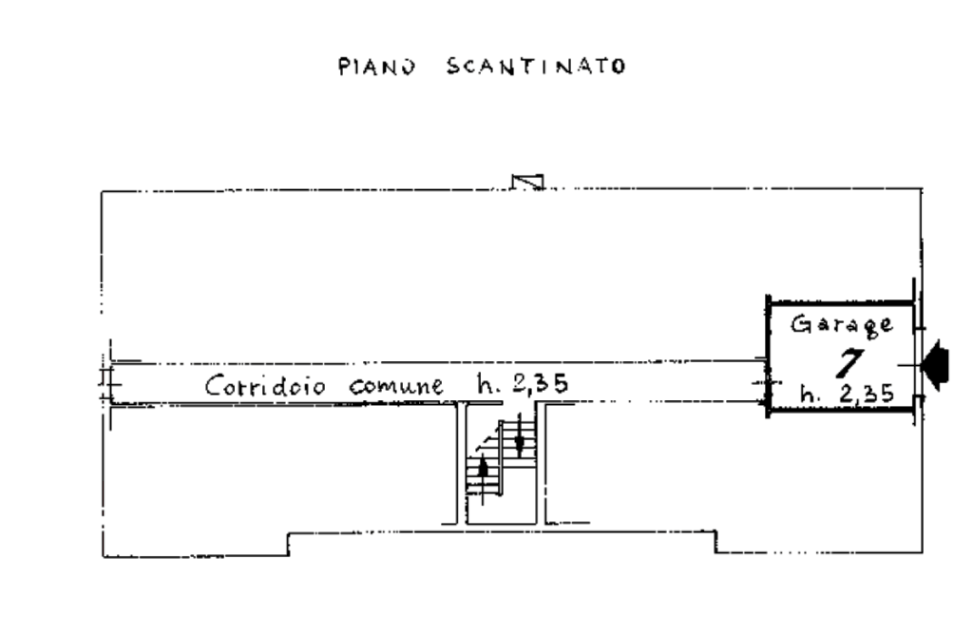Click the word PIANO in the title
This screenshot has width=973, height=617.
[377, 67]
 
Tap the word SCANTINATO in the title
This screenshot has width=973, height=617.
[535, 67]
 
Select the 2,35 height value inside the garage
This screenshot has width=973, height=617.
[866, 394]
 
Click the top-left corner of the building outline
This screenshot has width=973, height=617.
[102, 191]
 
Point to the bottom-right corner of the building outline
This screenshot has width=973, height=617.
[922, 552]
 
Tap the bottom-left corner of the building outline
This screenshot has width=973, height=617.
[102, 556]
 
